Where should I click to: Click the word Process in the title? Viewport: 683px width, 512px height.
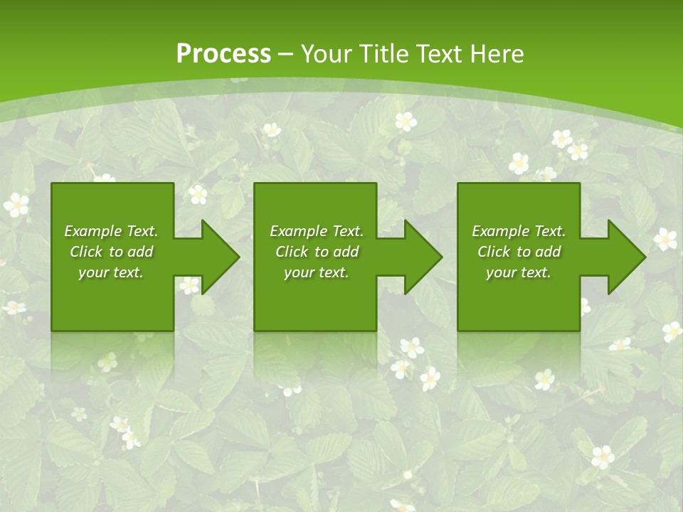(x=223, y=54)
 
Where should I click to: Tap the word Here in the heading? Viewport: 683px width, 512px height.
(x=497, y=54)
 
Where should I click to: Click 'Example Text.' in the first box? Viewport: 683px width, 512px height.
(x=111, y=231)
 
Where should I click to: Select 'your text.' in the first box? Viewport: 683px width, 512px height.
(x=111, y=272)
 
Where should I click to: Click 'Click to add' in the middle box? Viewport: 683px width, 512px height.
(x=317, y=252)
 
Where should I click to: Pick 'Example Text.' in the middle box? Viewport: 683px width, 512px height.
(x=317, y=231)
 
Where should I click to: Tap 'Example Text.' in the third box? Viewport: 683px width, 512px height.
(x=519, y=231)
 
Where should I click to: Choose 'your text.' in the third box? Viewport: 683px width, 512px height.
(x=519, y=272)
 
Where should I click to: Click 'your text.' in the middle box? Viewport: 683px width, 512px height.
(x=317, y=272)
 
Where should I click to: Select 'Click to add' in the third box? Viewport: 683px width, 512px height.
(x=519, y=252)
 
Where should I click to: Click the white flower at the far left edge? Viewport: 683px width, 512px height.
(x=16, y=206)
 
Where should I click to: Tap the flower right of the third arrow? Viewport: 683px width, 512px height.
(x=665, y=239)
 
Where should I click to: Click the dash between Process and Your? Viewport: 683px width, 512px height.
(x=286, y=55)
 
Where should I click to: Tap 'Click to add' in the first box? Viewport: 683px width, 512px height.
(x=111, y=252)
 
